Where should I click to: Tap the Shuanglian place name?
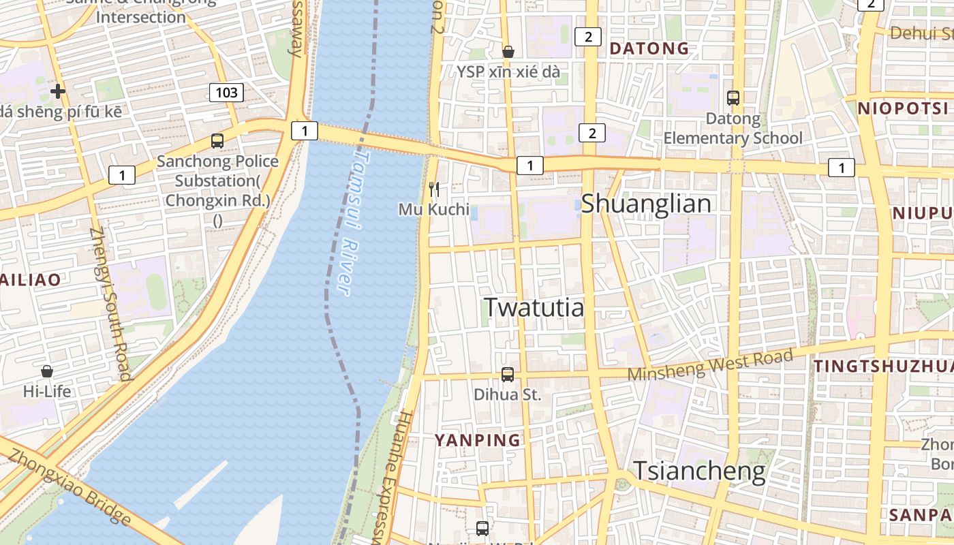tap(646, 204)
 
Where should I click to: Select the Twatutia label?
tap(534, 308)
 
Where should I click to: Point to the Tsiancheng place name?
tap(700, 471)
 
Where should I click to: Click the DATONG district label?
tap(649, 48)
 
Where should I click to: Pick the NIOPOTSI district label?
tap(903, 108)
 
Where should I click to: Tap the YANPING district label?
tap(478, 440)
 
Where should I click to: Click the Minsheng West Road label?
tap(710, 365)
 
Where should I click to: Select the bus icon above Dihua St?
tap(508, 374)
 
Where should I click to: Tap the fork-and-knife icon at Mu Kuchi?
tap(434, 189)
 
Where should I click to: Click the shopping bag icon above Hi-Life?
tap(47, 371)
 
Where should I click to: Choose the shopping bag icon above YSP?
tap(508, 52)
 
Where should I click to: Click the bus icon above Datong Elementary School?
tap(733, 98)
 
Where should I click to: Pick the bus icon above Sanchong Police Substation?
tap(217, 141)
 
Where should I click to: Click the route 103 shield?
tap(226, 92)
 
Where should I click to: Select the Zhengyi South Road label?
tap(109, 303)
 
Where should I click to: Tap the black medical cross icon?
tap(58, 91)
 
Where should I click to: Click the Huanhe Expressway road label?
tap(390, 477)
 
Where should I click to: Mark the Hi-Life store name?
tap(47, 392)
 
